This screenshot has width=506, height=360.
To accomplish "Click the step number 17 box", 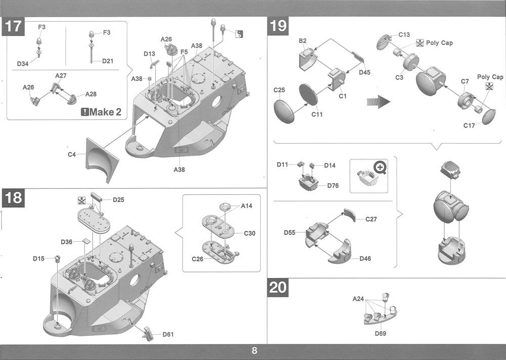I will [x=13, y=26].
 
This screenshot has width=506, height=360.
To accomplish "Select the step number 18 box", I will [x=13, y=197].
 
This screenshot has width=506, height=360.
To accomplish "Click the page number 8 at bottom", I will [x=254, y=351].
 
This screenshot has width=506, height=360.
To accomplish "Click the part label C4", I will [x=72, y=154].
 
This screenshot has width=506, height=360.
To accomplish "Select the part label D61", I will [x=168, y=334].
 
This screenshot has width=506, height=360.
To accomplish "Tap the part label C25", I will [x=279, y=90].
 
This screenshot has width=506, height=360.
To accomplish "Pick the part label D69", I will [x=381, y=333].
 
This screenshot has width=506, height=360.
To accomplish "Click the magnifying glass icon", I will [x=380, y=167].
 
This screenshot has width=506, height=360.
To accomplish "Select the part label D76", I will [x=332, y=186].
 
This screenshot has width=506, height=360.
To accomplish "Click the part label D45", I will [x=364, y=72].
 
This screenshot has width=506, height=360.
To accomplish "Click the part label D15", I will [x=39, y=258].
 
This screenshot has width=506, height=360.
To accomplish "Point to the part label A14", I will [x=246, y=206].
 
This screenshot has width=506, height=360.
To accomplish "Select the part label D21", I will [x=107, y=61].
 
